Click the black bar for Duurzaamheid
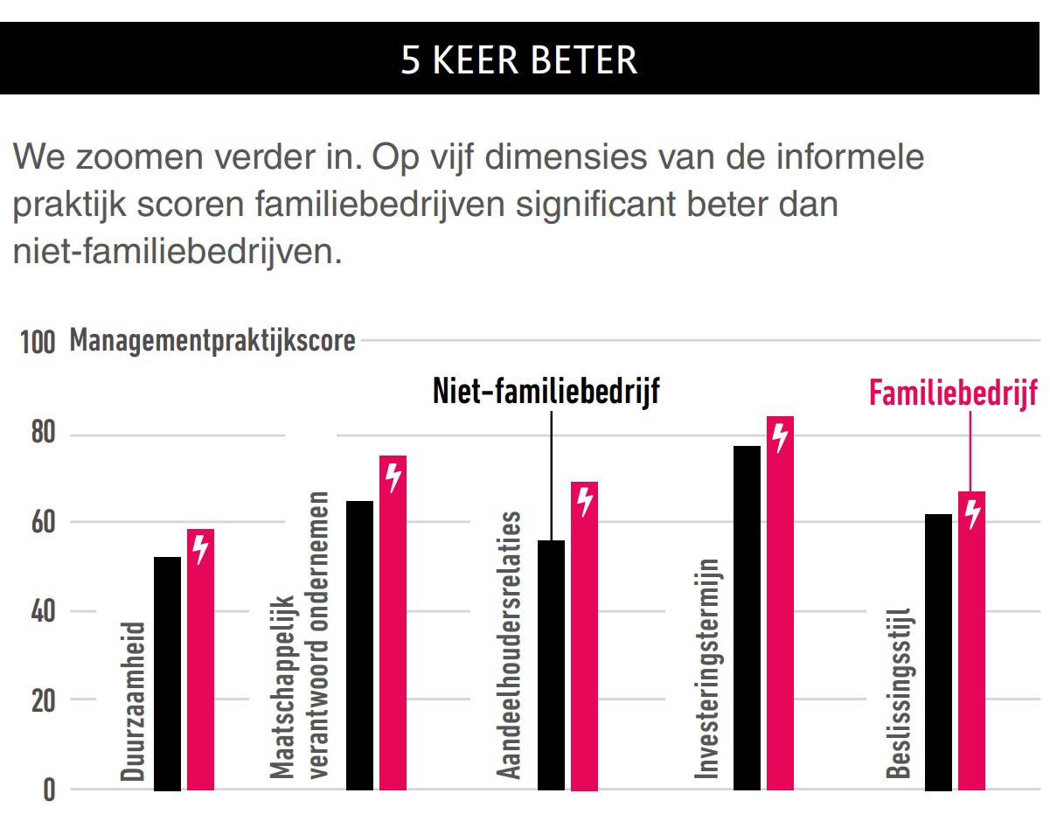click(x=167, y=673)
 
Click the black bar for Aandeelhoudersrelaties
click(x=551, y=665)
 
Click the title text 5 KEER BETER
click(x=519, y=59)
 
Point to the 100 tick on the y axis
click(x=37, y=342)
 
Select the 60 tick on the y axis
click(x=38, y=523)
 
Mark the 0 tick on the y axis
click(x=48, y=790)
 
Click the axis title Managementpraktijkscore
click(x=212, y=340)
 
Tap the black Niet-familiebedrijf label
click(x=546, y=392)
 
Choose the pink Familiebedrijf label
click(x=953, y=393)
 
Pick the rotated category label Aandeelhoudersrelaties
click(x=509, y=644)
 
